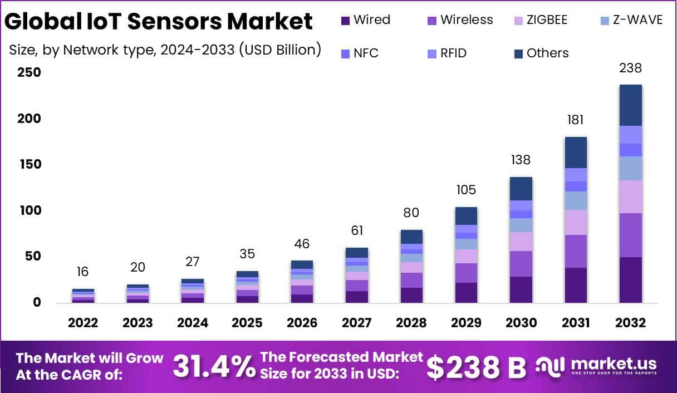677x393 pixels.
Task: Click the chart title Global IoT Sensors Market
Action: pos(158,21)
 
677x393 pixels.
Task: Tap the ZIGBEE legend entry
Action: pos(540,20)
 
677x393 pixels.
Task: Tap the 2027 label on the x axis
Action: pos(357,323)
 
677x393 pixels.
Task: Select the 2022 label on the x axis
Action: pos(83,323)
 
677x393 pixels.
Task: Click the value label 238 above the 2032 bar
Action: pos(630,68)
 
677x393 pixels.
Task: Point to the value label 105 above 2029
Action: pos(466,190)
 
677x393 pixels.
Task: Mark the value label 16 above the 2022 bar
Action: pos(83,272)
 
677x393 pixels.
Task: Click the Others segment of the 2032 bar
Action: pos(630,105)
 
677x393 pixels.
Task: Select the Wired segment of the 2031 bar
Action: pos(576,285)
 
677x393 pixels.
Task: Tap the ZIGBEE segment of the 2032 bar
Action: pos(630,196)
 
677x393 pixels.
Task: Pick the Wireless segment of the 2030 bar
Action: pos(521,264)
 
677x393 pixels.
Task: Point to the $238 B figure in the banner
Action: pos(476,366)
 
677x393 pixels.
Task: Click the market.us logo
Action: pos(596,366)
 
